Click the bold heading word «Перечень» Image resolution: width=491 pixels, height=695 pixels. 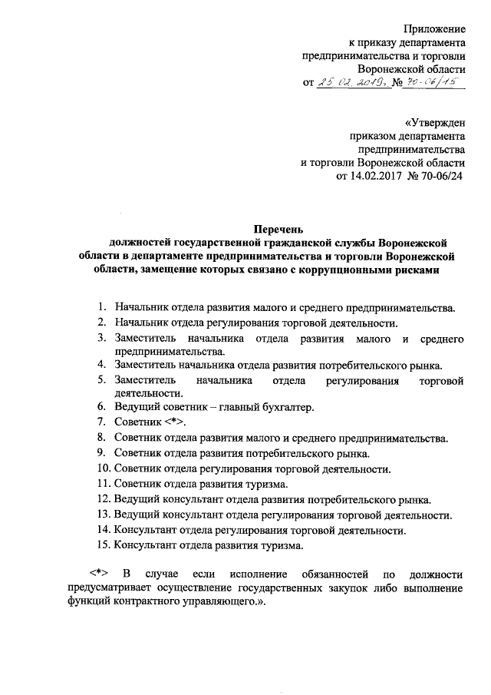tap(280, 228)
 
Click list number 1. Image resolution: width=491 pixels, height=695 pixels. tap(101, 308)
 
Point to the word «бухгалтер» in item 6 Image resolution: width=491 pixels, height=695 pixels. tap(288, 406)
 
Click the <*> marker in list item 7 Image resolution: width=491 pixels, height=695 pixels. tap(174, 422)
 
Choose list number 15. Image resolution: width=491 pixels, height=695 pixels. tap(103, 547)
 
